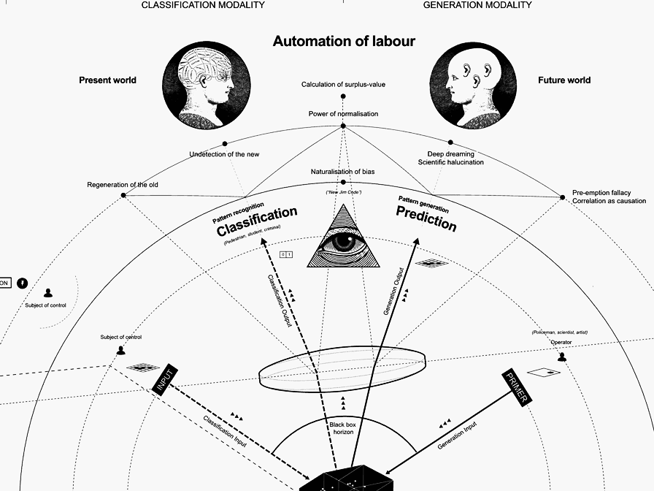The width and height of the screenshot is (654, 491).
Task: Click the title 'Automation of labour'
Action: click(x=344, y=41)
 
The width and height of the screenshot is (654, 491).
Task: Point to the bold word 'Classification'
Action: click(x=257, y=221)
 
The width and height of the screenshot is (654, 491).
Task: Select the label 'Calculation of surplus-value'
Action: click(x=343, y=85)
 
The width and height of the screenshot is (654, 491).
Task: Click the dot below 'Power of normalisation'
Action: click(x=343, y=126)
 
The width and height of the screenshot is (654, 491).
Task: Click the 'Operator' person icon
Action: click(x=562, y=357)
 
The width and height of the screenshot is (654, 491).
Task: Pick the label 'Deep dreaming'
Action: click(x=451, y=154)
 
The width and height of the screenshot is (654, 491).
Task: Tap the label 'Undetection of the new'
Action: click(x=224, y=154)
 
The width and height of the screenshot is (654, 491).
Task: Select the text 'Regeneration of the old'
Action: click(x=123, y=185)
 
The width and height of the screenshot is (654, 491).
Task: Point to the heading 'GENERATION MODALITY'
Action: click(x=477, y=5)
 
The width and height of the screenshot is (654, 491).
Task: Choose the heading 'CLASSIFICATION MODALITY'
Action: click(x=203, y=5)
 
